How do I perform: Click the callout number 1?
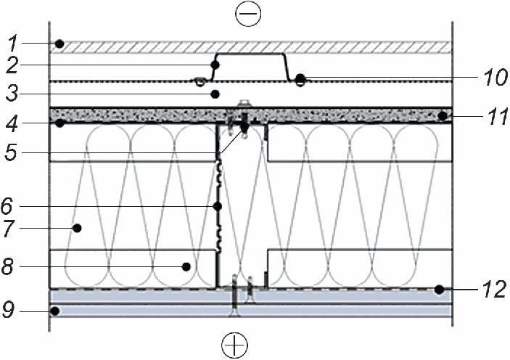[12, 44]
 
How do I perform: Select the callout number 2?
[12, 65]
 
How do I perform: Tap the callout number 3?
[12, 94]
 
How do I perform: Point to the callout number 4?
[12, 124]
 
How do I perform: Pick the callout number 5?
[11, 152]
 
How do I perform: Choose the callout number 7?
[8, 229]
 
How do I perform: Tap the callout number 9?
[8, 310]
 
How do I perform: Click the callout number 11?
[498, 117]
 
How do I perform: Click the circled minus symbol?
[249, 14]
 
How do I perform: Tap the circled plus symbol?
[234, 345]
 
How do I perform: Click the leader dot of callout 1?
[59, 44]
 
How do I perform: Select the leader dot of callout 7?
[77, 229]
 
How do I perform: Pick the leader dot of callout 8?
[186, 267]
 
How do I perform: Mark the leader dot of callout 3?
[215, 94]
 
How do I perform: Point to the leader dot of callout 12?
[440, 290]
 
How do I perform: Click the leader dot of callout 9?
[55, 311]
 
